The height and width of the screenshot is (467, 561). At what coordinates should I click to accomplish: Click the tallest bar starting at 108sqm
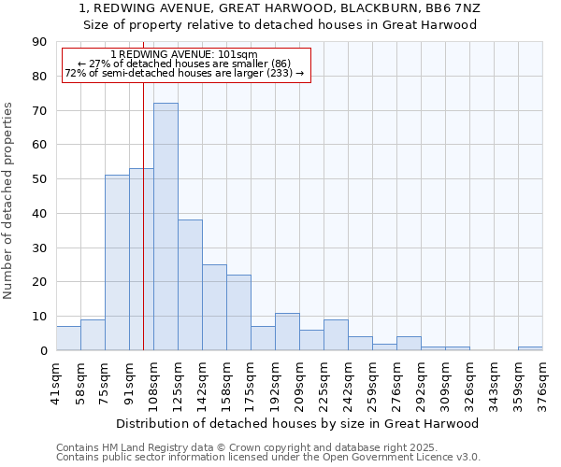click(x=165, y=226)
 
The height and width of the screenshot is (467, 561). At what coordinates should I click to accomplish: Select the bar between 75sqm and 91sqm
click(x=117, y=262)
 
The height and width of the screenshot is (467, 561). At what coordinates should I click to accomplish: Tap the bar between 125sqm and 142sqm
click(x=190, y=285)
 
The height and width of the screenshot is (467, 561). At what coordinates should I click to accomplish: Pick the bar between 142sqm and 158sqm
click(x=214, y=307)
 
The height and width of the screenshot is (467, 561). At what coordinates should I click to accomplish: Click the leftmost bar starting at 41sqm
click(x=68, y=338)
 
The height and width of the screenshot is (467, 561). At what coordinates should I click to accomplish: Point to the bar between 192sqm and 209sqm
click(x=287, y=332)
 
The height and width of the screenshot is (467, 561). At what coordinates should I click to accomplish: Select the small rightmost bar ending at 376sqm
click(x=530, y=348)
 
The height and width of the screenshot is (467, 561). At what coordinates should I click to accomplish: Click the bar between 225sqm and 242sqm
click(x=336, y=335)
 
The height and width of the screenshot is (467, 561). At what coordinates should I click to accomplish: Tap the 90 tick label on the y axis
click(x=39, y=42)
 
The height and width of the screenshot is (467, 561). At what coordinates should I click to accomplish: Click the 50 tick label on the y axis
click(x=39, y=179)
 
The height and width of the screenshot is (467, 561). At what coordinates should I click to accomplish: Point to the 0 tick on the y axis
click(x=43, y=351)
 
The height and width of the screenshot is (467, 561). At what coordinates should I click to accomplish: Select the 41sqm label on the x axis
click(x=57, y=383)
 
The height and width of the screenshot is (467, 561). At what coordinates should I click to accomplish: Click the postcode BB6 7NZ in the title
click(x=451, y=7)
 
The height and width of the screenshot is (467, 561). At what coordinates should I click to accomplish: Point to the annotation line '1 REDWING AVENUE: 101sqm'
click(x=183, y=54)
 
